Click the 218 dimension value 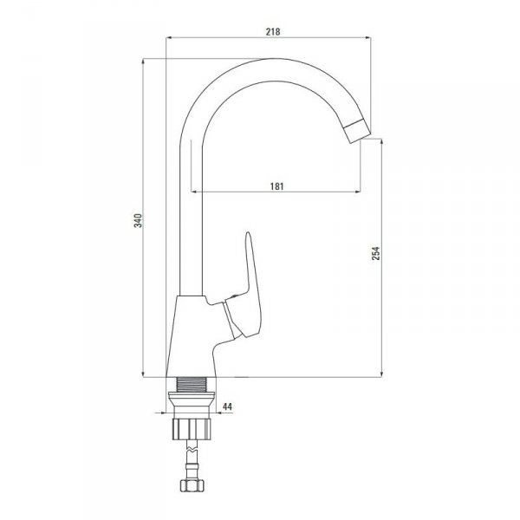[x=273, y=31]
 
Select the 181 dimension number [x=277, y=186]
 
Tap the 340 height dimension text [x=138, y=220]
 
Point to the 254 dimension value [x=376, y=253]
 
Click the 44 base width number [x=227, y=406]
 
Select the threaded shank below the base [x=191, y=385]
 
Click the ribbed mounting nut [x=192, y=429]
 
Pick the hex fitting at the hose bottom [x=192, y=485]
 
